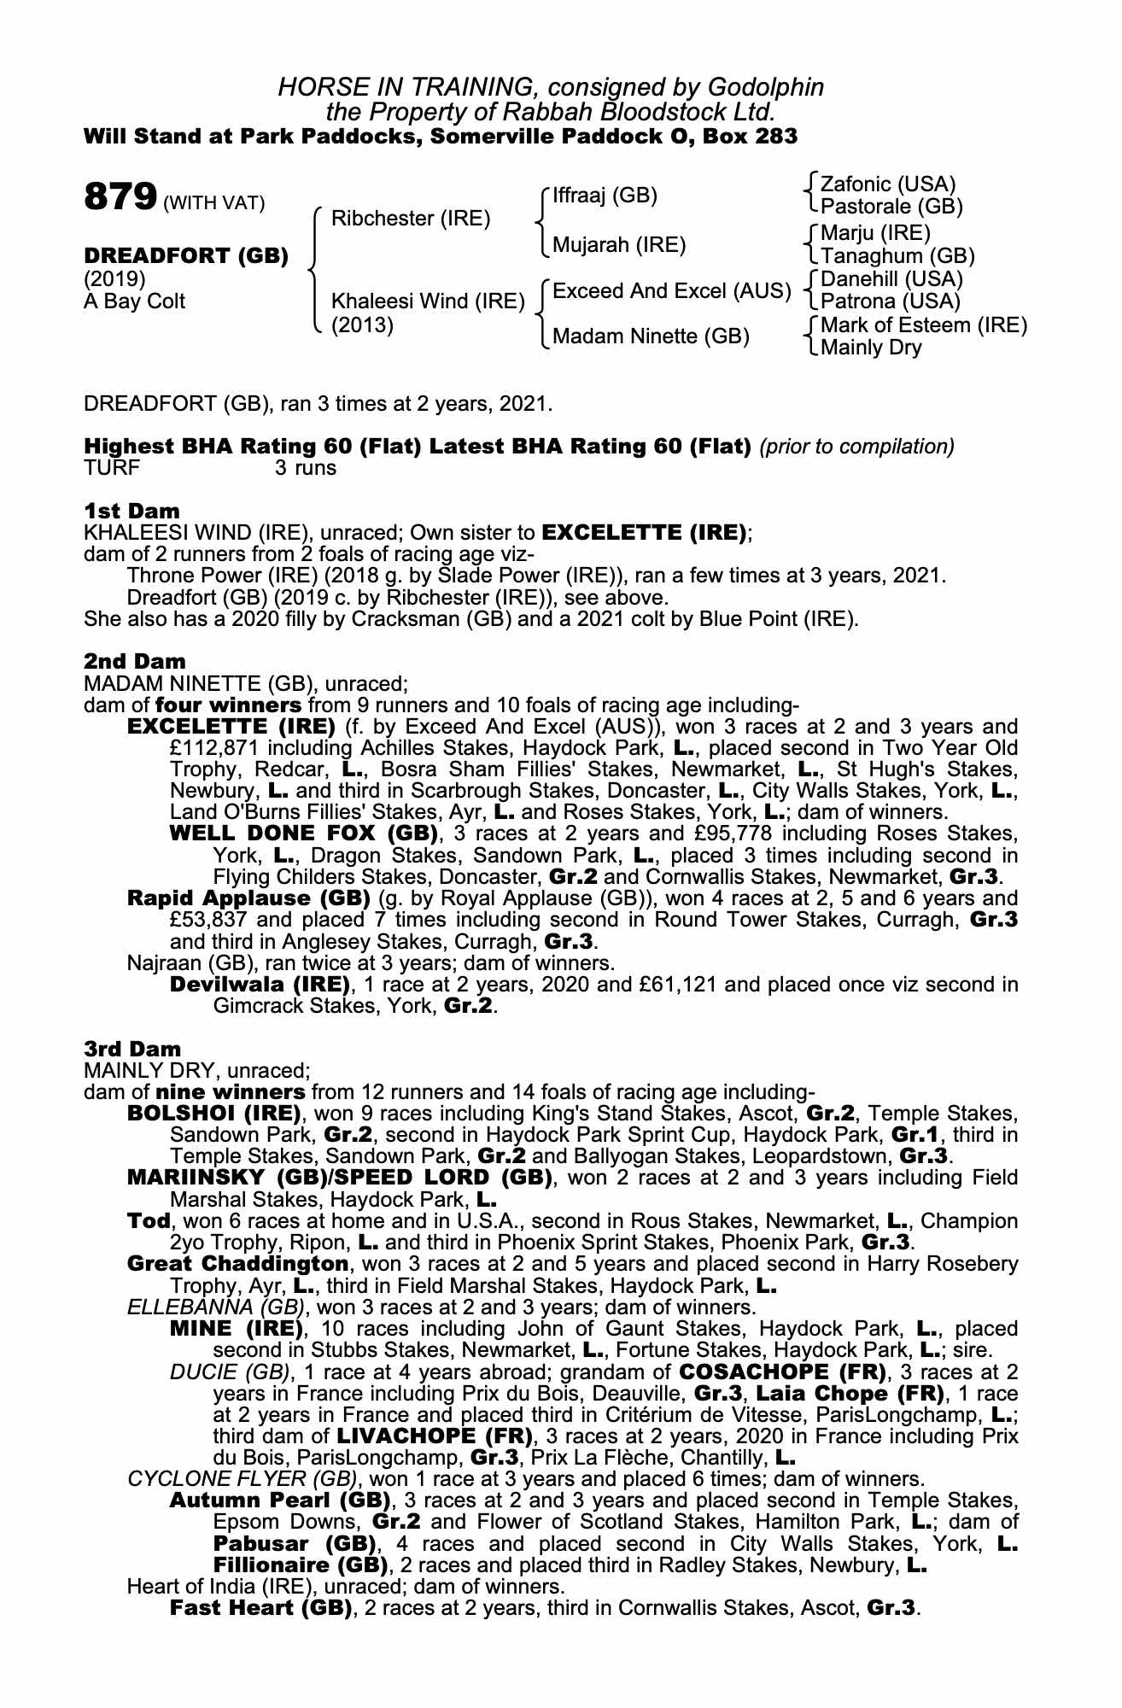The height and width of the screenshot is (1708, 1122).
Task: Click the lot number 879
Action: (120, 197)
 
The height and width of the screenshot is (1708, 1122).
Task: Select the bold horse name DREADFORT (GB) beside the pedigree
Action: (186, 255)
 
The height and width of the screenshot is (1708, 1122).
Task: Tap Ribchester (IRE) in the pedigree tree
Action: (411, 219)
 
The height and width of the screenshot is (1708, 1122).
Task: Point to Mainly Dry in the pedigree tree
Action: (871, 348)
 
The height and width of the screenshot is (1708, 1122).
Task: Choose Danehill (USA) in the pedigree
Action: (891, 279)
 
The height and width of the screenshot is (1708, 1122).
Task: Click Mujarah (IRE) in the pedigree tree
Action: (619, 246)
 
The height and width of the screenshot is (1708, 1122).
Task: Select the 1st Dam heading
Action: (132, 511)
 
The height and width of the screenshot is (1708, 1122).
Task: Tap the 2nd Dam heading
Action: (135, 661)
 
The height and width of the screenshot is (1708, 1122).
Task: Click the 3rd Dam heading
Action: (133, 1049)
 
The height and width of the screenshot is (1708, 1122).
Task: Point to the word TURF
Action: (112, 468)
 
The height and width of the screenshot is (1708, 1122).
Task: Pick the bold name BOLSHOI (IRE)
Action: (214, 1114)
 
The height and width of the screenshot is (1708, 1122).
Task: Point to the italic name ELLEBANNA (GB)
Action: (215, 1307)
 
